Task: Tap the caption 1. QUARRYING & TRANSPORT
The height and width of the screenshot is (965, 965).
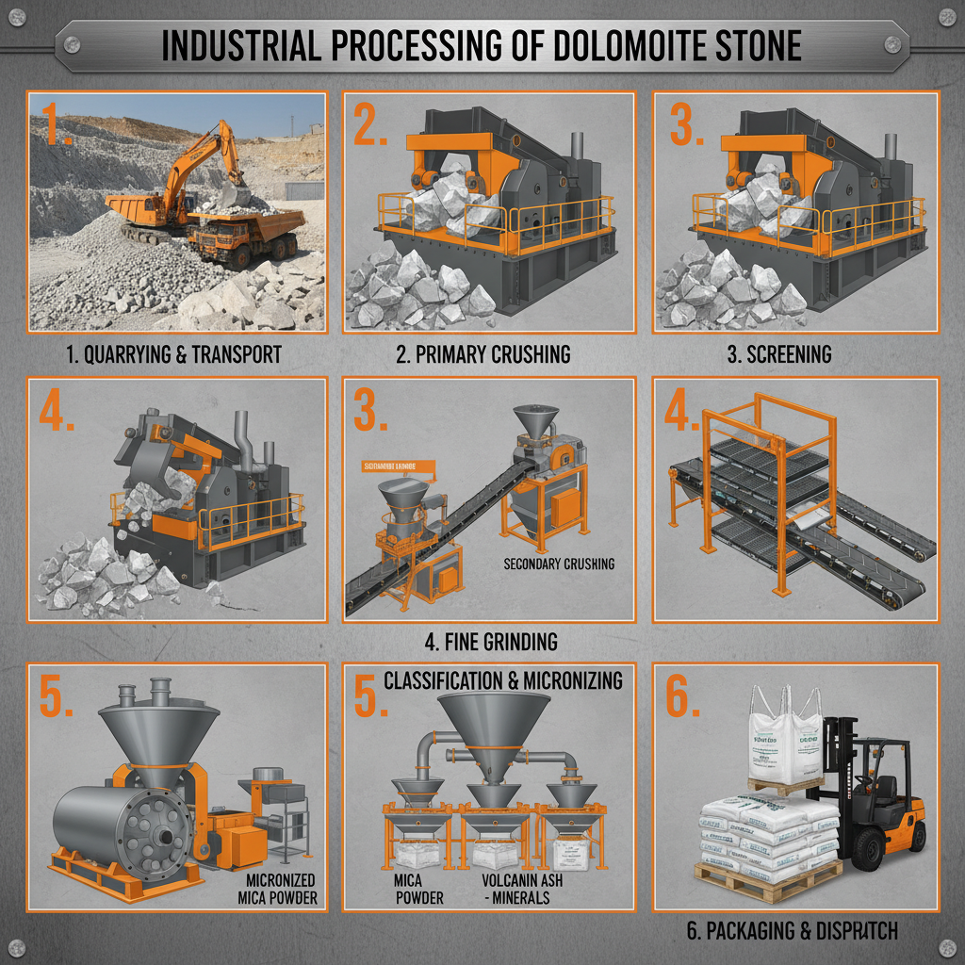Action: pos(174,355)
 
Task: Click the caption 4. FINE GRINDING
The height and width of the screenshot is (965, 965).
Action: pos(490,642)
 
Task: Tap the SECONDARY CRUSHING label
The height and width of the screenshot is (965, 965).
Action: pos(559,564)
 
